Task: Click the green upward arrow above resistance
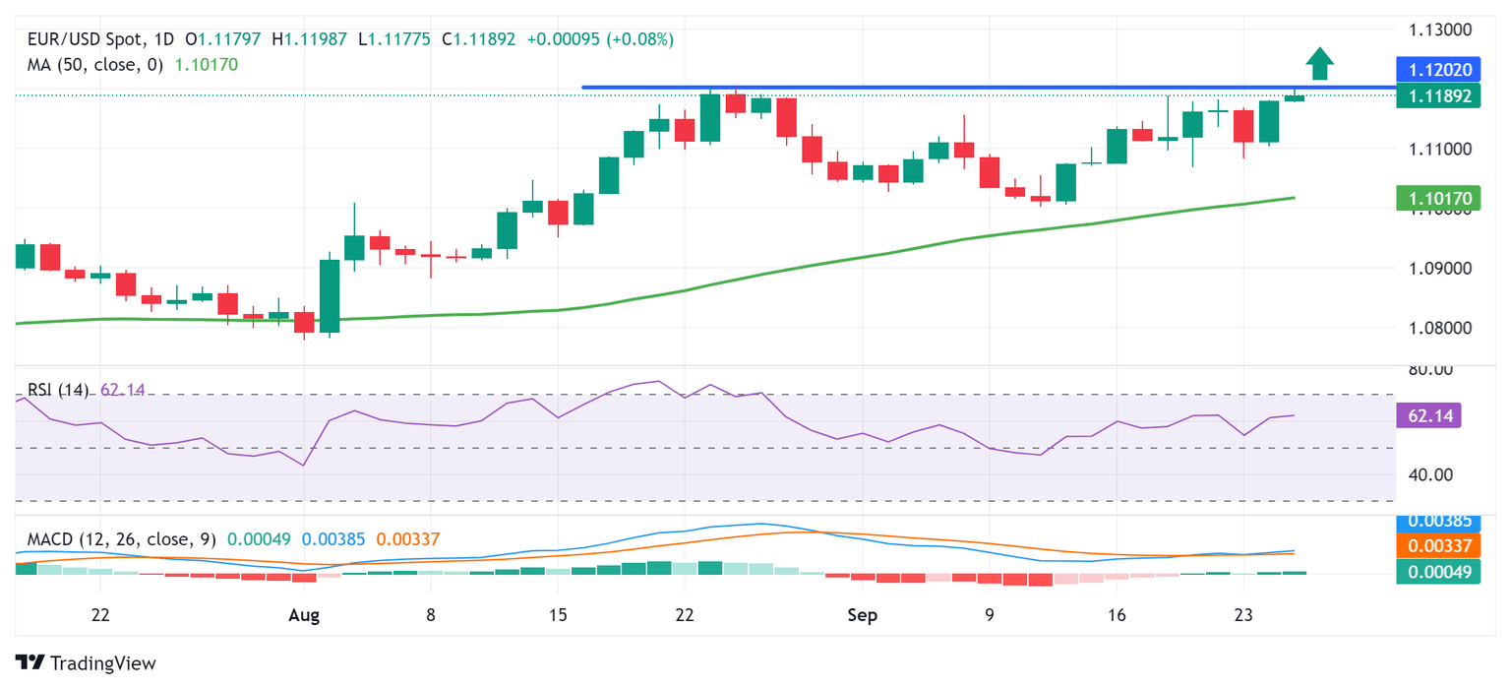(x=1319, y=64)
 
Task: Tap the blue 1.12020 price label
(x=1432, y=69)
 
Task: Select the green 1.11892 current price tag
(x=1432, y=95)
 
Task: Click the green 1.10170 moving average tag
(x=1432, y=199)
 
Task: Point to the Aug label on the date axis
(x=305, y=615)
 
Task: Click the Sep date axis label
(x=862, y=615)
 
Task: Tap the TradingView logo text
(x=102, y=662)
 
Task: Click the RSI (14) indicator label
(x=57, y=390)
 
